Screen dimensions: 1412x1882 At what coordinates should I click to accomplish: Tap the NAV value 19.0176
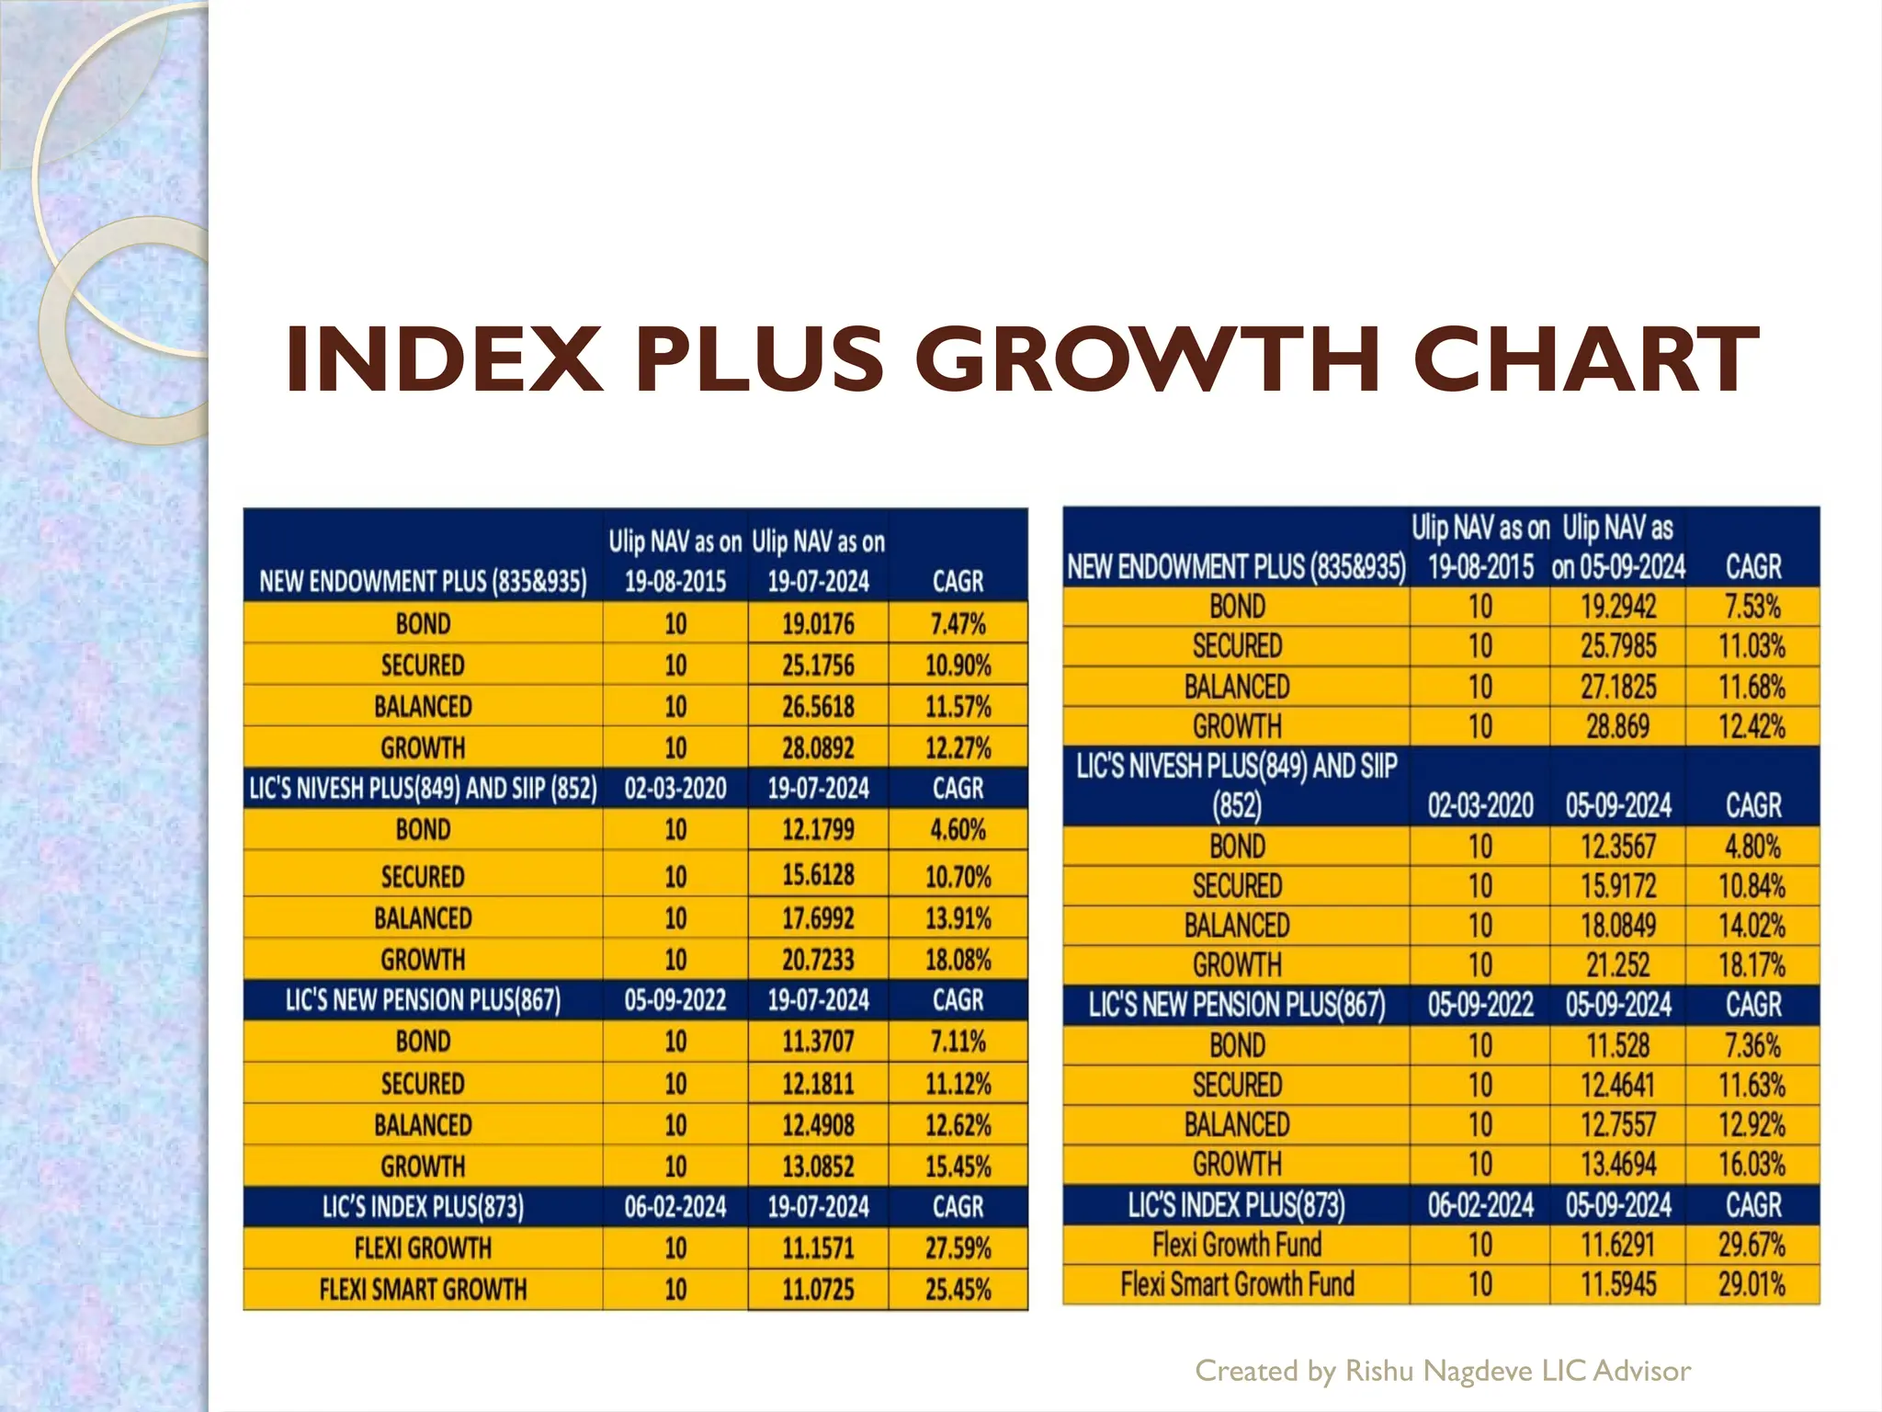[x=818, y=624]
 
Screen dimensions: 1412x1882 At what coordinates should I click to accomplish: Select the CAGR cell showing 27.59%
[x=958, y=1248]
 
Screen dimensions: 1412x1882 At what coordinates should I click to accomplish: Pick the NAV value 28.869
[x=1617, y=726]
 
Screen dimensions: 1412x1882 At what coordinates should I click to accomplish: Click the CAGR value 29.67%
[x=1752, y=1245]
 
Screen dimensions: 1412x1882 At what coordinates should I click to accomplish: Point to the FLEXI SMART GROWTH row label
[x=423, y=1290]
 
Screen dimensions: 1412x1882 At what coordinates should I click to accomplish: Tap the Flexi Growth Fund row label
[x=1237, y=1245]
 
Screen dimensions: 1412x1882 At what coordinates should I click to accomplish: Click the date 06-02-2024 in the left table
[x=675, y=1207]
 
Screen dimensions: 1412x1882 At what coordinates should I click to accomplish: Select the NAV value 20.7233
[x=818, y=960]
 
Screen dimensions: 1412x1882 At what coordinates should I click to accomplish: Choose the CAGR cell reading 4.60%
[x=958, y=830]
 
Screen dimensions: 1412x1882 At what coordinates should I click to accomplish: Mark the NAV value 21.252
[x=1617, y=965]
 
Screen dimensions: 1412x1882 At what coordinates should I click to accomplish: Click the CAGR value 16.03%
[x=1752, y=1165]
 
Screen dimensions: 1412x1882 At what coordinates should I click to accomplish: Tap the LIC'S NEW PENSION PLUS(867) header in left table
[x=423, y=1000]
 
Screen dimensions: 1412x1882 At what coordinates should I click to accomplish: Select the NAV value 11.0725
[x=818, y=1290]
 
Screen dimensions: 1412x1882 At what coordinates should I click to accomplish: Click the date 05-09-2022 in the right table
[x=1480, y=1005]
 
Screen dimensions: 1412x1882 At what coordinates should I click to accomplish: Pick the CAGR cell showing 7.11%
[x=958, y=1042]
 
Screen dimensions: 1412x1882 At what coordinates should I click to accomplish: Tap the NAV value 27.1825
[x=1617, y=687]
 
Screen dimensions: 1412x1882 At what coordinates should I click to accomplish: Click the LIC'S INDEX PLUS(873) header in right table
[x=1237, y=1205]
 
